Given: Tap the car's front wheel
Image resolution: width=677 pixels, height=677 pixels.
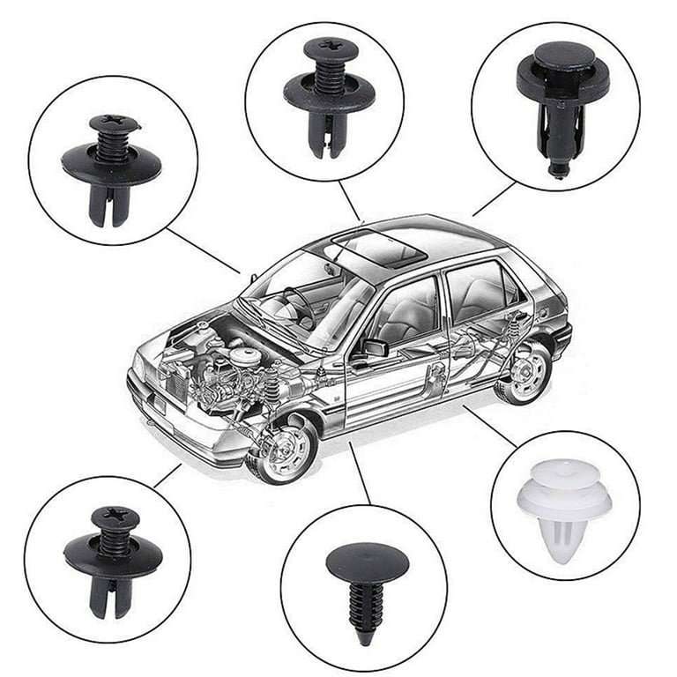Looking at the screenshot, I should click(x=285, y=449).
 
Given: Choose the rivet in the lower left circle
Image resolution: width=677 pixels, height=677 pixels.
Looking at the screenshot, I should click(x=112, y=557).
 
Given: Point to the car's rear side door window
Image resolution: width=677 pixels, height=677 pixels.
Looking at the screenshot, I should click(x=476, y=292).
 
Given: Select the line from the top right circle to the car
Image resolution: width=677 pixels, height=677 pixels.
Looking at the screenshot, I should click(x=494, y=199).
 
